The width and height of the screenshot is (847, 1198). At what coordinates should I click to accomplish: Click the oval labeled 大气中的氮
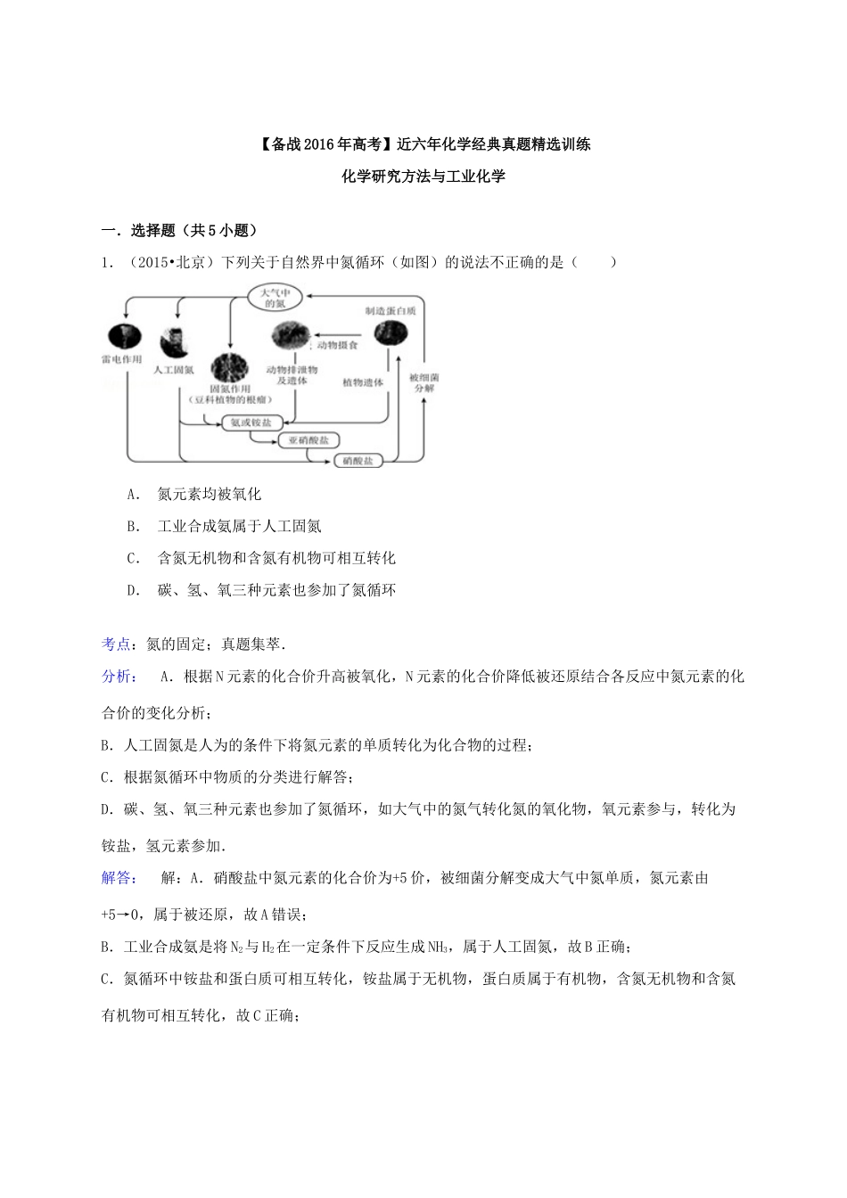275,298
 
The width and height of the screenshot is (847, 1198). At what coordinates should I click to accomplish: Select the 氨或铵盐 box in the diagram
251,422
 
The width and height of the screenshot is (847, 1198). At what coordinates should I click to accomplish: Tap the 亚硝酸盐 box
308,441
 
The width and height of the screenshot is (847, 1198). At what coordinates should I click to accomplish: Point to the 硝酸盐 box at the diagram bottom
358,461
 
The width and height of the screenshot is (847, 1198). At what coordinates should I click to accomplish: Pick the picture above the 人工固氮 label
172,341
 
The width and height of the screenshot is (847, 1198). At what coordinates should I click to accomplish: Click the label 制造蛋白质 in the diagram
390,311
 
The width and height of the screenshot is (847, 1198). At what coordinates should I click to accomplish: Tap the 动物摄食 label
337,345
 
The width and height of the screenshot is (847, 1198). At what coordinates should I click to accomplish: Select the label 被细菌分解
423,383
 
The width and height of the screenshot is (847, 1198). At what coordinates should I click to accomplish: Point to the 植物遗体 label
363,382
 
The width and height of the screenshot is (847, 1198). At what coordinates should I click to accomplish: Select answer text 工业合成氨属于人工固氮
239,527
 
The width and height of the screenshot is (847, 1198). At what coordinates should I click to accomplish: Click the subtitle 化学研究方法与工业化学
423,176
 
